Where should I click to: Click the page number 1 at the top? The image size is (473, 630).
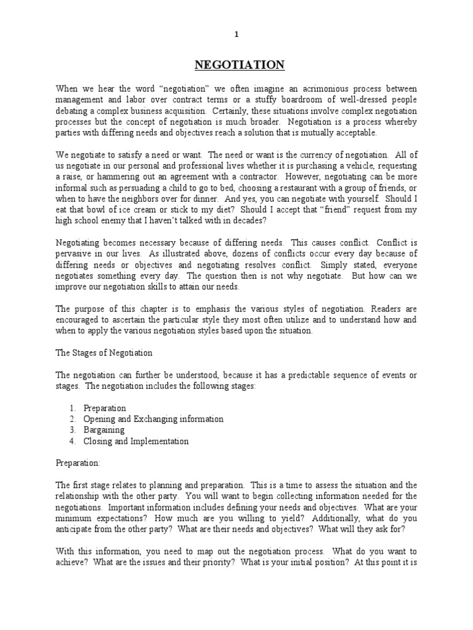[236, 35]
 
